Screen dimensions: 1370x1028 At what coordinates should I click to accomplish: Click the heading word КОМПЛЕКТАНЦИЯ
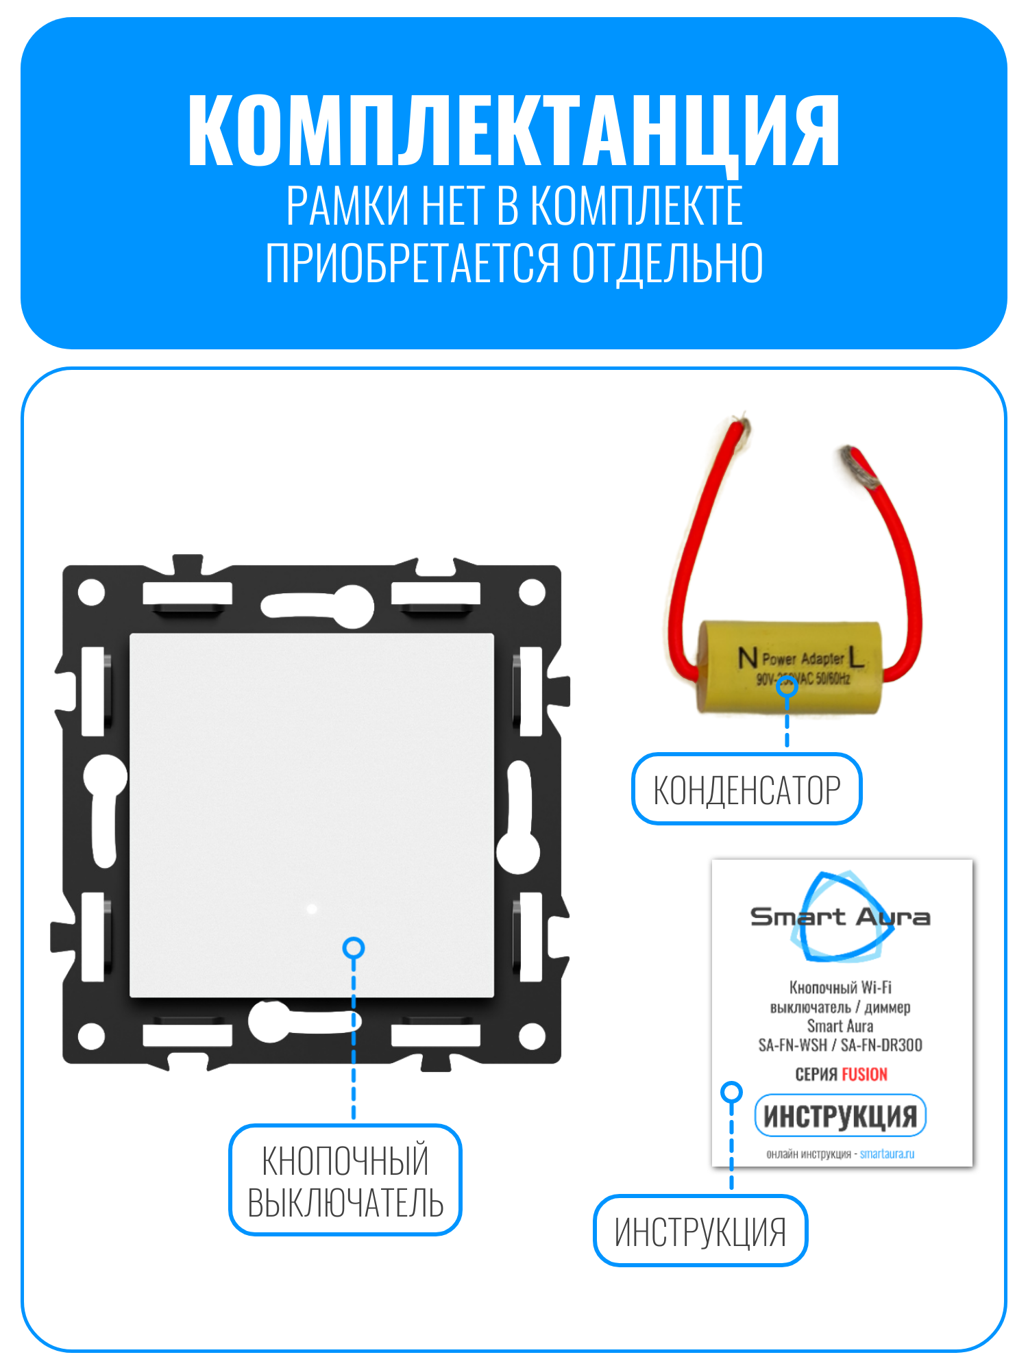pyautogui.click(x=514, y=130)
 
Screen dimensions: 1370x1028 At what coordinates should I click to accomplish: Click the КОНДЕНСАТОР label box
pyautogui.click(x=746, y=789)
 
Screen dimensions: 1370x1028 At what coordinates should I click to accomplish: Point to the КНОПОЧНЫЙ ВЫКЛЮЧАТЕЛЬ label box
pyautogui.click(x=345, y=1180)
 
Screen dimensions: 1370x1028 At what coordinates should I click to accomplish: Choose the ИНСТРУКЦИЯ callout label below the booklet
pyautogui.click(x=700, y=1231)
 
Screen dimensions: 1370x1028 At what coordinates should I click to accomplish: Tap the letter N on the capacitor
pyautogui.click(x=747, y=658)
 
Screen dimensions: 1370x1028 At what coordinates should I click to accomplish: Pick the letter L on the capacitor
pyautogui.click(x=856, y=658)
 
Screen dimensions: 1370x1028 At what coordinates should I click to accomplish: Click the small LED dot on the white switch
pyautogui.click(x=312, y=909)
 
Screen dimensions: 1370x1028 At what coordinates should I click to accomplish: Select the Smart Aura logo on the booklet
pyautogui.click(x=840, y=916)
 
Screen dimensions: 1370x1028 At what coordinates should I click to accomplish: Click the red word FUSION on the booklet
pyautogui.click(x=864, y=1074)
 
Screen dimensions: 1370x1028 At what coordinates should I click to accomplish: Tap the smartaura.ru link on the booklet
pyautogui.click(x=887, y=1154)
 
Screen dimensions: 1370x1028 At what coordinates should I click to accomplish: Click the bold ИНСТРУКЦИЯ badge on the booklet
pyautogui.click(x=840, y=1116)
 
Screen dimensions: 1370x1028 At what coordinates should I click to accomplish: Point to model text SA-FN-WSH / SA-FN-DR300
pyautogui.click(x=840, y=1045)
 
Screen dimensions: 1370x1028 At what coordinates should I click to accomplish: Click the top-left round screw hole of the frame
pyautogui.click(x=92, y=593)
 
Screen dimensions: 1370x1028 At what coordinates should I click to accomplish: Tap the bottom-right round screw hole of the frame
pyautogui.click(x=532, y=1036)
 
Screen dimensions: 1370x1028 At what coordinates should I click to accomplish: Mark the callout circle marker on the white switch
pyautogui.click(x=354, y=948)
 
